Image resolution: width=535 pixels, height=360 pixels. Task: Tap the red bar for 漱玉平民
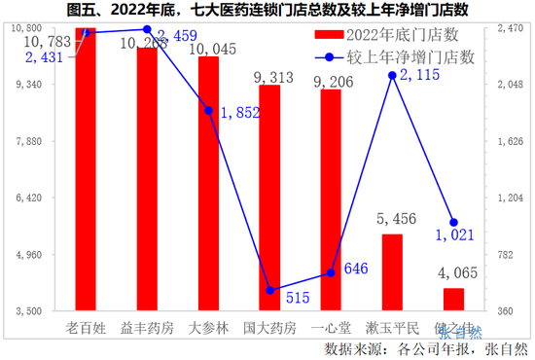[x=392, y=272]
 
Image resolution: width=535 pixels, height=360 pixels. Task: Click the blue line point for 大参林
[x=208, y=110]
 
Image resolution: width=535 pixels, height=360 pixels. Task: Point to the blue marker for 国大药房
[x=269, y=290]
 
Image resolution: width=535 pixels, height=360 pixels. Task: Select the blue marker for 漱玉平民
[x=392, y=75]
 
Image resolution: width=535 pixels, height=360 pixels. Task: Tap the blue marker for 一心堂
[x=331, y=272]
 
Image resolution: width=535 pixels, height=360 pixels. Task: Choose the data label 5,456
[x=393, y=220]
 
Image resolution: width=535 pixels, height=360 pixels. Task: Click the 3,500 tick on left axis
[x=43, y=311]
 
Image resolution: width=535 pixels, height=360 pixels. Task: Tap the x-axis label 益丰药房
[x=147, y=328]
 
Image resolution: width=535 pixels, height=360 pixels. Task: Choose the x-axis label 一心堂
[x=331, y=328]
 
